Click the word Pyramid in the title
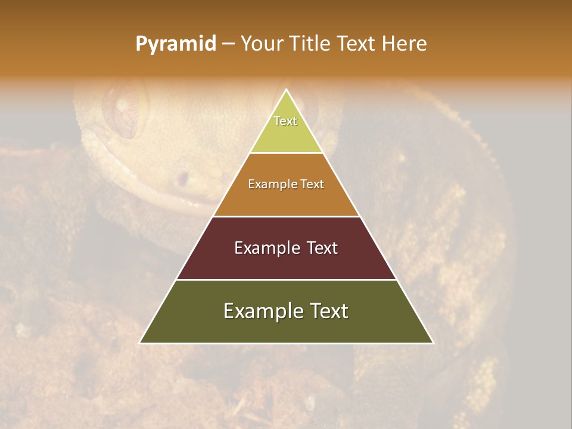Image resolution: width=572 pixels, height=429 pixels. [175, 44]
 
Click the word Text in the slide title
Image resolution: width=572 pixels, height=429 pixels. [357, 44]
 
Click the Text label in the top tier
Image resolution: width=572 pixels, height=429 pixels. [285, 121]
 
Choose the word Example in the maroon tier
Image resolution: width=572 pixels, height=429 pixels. [266, 248]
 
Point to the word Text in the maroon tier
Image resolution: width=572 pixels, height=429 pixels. [322, 248]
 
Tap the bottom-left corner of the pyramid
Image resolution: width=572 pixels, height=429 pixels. [140, 343]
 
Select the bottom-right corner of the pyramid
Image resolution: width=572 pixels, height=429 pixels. [433, 343]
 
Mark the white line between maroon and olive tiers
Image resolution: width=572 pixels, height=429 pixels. [287, 279]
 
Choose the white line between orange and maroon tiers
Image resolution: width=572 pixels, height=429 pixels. [287, 216]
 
